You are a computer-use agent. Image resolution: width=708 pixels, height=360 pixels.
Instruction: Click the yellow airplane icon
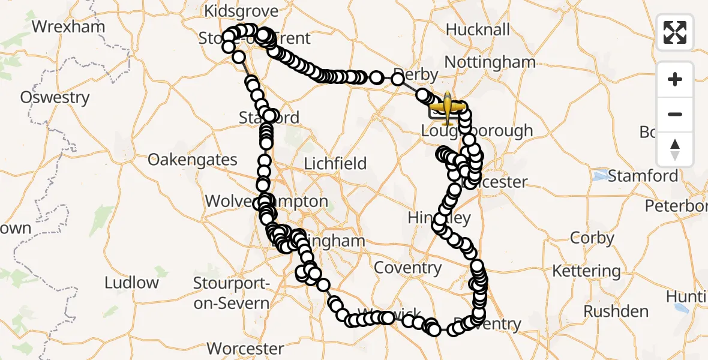(447, 107)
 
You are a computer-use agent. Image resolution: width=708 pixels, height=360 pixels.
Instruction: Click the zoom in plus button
(675, 79)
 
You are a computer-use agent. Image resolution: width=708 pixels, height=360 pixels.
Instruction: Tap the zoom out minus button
(675, 114)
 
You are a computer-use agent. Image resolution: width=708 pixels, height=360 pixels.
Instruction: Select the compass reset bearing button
(675, 149)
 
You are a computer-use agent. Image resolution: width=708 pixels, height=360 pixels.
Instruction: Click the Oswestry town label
(55, 97)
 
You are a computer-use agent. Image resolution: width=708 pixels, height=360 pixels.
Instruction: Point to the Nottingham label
(490, 62)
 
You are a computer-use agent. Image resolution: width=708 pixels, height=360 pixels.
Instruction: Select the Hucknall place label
(478, 29)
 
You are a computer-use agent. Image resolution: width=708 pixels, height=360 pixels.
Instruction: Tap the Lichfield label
(335, 163)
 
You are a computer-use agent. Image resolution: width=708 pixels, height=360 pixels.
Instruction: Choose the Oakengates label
(193, 160)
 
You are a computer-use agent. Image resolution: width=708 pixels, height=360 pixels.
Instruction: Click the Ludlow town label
(131, 283)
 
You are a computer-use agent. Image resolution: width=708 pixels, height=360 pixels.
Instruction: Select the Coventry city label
(407, 268)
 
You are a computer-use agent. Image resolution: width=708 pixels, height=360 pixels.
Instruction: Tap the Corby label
(592, 238)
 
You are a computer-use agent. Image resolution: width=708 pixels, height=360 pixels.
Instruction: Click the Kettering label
(586, 271)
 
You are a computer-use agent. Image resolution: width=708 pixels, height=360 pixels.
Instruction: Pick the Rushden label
(616, 311)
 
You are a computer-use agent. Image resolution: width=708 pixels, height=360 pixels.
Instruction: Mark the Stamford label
(643, 176)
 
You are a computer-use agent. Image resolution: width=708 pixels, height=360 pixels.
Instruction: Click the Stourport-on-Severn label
(232, 293)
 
